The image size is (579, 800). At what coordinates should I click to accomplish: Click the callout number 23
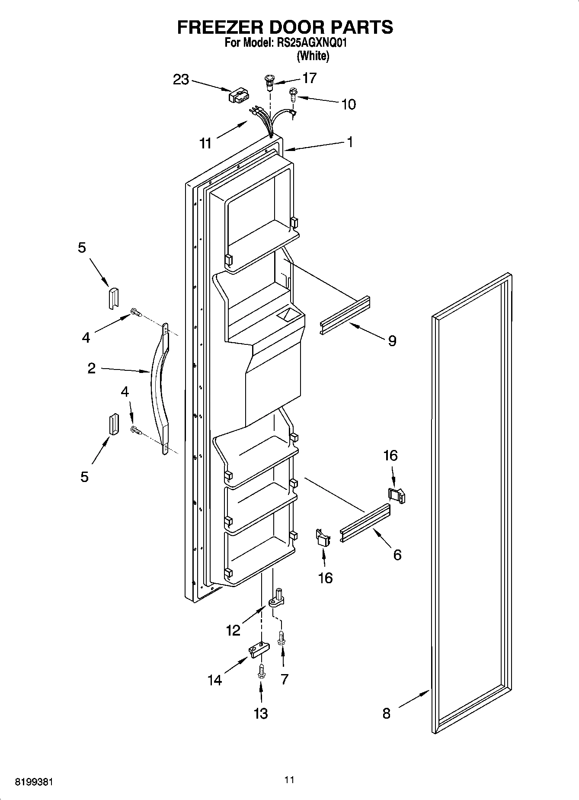tap(181, 80)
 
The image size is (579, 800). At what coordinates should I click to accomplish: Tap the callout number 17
tap(310, 78)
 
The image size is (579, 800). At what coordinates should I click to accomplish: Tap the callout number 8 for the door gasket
tap(386, 713)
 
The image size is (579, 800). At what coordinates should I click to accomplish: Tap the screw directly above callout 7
tap(282, 638)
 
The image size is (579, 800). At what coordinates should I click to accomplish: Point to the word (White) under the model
tap(313, 56)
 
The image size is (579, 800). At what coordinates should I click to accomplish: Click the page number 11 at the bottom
tap(289, 780)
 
